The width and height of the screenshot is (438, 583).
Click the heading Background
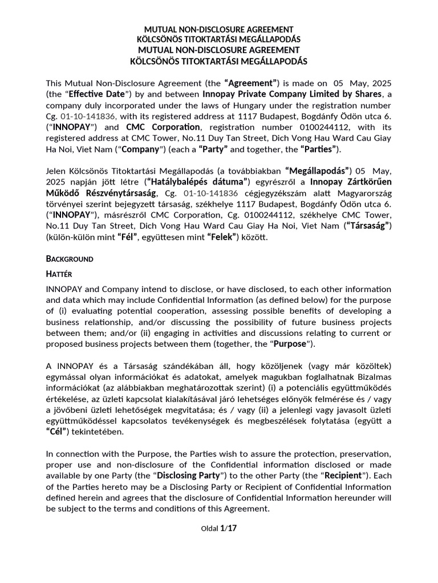69,258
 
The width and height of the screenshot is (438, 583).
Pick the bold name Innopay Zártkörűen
351,181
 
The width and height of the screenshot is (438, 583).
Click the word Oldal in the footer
209,529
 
